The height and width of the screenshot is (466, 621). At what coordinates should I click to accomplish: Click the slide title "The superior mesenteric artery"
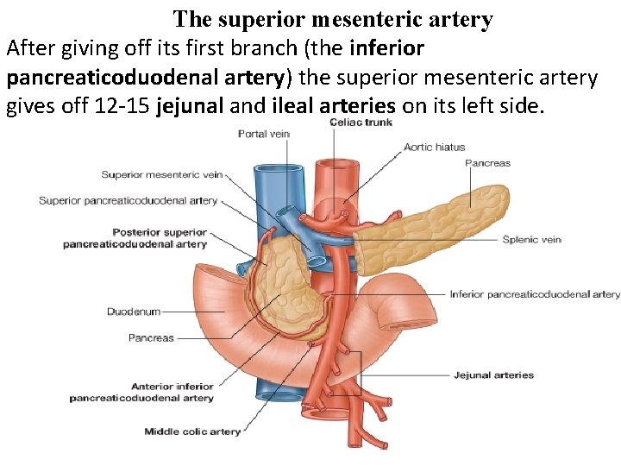pyautogui.click(x=333, y=19)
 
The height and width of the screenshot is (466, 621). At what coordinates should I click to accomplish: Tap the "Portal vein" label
pyautogui.click(x=263, y=133)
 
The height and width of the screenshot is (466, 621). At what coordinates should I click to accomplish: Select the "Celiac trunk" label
pyautogui.click(x=361, y=122)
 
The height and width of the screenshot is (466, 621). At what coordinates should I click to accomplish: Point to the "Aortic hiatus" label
pyautogui.click(x=434, y=147)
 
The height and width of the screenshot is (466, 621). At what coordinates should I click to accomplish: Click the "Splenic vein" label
pyautogui.click(x=531, y=239)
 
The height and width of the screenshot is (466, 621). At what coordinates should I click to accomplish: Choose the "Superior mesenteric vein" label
pyautogui.click(x=161, y=174)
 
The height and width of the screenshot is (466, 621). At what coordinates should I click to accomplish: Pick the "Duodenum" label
pyautogui.click(x=134, y=312)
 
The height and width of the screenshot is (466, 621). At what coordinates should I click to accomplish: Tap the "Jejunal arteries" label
pyautogui.click(x=493, y=375)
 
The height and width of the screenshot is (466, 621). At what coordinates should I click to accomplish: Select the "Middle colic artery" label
pyautogui.click(x=192, y=431)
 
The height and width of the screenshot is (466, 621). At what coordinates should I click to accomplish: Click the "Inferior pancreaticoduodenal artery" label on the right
pyautogui.click(x=535, y=294)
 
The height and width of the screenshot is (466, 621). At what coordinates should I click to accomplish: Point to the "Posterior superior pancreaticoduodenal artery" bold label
pyautogui.click(x=135, y=238)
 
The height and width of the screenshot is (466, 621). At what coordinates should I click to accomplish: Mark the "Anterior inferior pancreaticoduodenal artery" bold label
pyautogui.click(x=141, y=392)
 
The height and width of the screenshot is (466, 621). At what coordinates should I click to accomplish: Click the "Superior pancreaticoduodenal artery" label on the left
pyautogui.click(x=128, y=201)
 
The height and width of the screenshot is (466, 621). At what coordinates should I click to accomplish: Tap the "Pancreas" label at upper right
pyautogui.click(x=487, y=163)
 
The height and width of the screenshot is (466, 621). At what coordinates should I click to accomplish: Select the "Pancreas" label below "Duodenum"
pyautogui.click(x=151, y=338)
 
